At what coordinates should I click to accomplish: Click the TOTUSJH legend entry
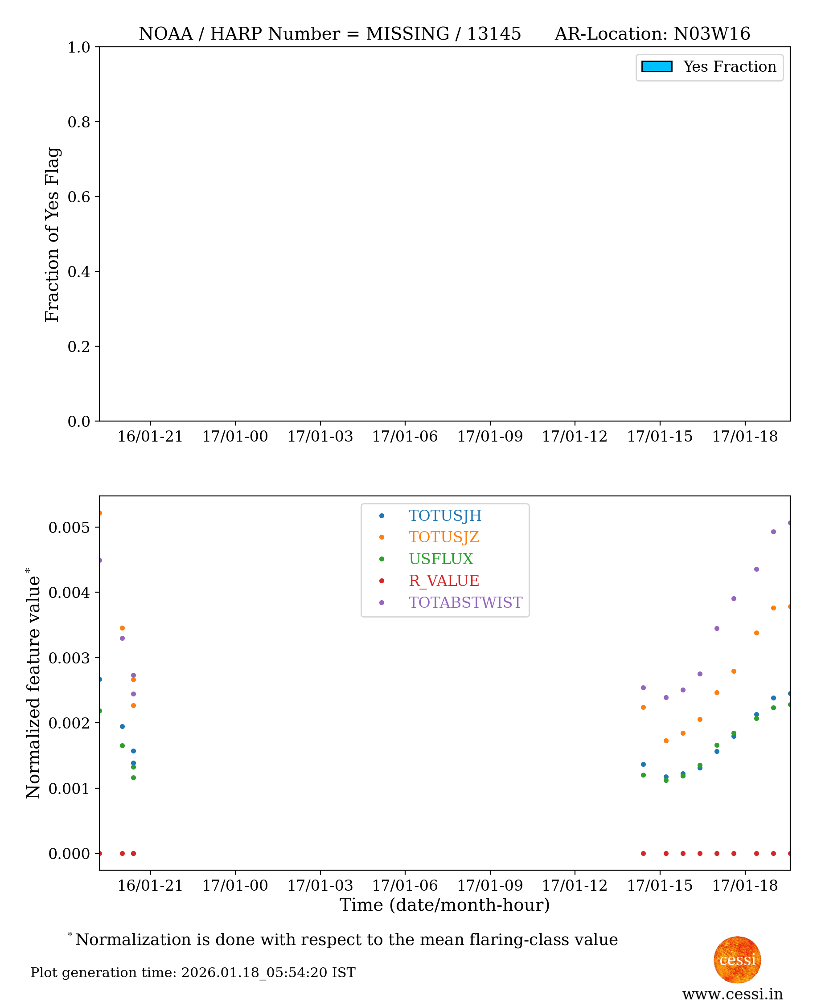pos(444,516)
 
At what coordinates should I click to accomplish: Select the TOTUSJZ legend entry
pos(443,537)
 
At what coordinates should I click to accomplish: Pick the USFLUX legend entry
pos(440,559)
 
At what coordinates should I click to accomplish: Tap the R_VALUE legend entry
pos(443,581)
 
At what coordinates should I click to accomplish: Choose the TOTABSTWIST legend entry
pos(465,602)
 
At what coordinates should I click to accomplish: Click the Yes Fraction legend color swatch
pos(657,67)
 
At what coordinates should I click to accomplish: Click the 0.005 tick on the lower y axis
pos(69,527)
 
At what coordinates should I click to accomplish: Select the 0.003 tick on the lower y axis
pos(69,658)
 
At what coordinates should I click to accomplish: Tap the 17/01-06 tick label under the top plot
pos(405,437)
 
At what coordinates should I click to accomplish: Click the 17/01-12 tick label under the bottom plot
pos(575,885)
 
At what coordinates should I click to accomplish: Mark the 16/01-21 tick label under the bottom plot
pos(150,885)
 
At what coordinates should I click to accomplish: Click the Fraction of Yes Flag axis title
pos(52,234)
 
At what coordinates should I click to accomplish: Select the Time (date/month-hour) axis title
pos(444,905)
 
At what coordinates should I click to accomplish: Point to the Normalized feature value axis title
pos(33,687)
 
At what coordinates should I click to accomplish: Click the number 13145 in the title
pos(493,34)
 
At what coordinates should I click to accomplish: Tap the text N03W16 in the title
pos(711,34)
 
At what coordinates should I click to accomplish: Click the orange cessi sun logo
pos(737,959)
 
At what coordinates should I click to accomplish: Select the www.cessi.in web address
pos(732,994)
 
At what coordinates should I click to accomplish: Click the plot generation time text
pos(193,972)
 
